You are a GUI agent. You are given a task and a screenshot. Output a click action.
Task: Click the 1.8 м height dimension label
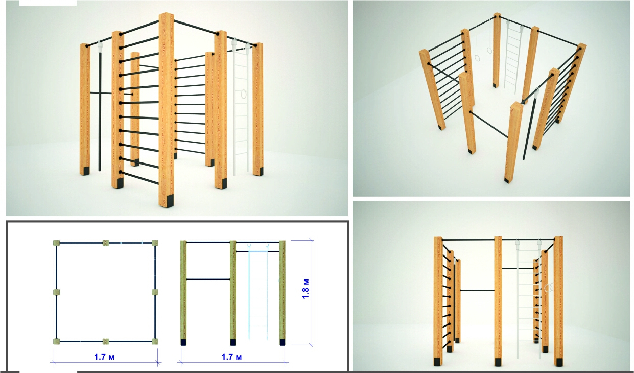coord(306,289)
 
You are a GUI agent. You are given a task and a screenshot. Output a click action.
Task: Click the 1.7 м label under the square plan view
coord(104,357)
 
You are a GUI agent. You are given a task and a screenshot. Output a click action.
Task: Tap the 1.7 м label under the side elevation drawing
coord(231,357)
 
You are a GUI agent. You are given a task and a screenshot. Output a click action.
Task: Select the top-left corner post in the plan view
coord(56,243)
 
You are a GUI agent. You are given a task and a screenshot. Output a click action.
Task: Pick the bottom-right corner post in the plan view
coord(155,342)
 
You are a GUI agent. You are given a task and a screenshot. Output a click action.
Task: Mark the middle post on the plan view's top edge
coord(106,243)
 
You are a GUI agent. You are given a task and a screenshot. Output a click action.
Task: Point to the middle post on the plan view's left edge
coord(56,292)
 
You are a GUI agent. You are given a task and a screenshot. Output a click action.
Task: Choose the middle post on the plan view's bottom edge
coord(106,342)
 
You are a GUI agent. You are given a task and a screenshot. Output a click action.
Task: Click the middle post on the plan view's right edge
coord(155,292)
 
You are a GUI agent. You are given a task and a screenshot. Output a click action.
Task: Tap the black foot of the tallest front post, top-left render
coord(170,201)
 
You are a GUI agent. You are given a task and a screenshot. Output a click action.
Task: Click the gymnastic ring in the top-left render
coord(243,95)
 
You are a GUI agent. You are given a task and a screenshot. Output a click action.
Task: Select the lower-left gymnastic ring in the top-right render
coord(477,58)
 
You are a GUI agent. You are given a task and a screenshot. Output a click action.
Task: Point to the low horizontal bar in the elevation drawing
coord(208,279)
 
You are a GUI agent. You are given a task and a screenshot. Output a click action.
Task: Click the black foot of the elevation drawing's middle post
coord(233,342)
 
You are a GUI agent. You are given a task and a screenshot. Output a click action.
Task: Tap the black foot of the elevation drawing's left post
coord(183,342)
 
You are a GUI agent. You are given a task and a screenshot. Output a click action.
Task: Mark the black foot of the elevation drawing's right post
coord(282,342)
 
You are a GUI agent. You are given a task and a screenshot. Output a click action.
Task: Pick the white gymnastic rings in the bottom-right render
coord(549,288)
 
